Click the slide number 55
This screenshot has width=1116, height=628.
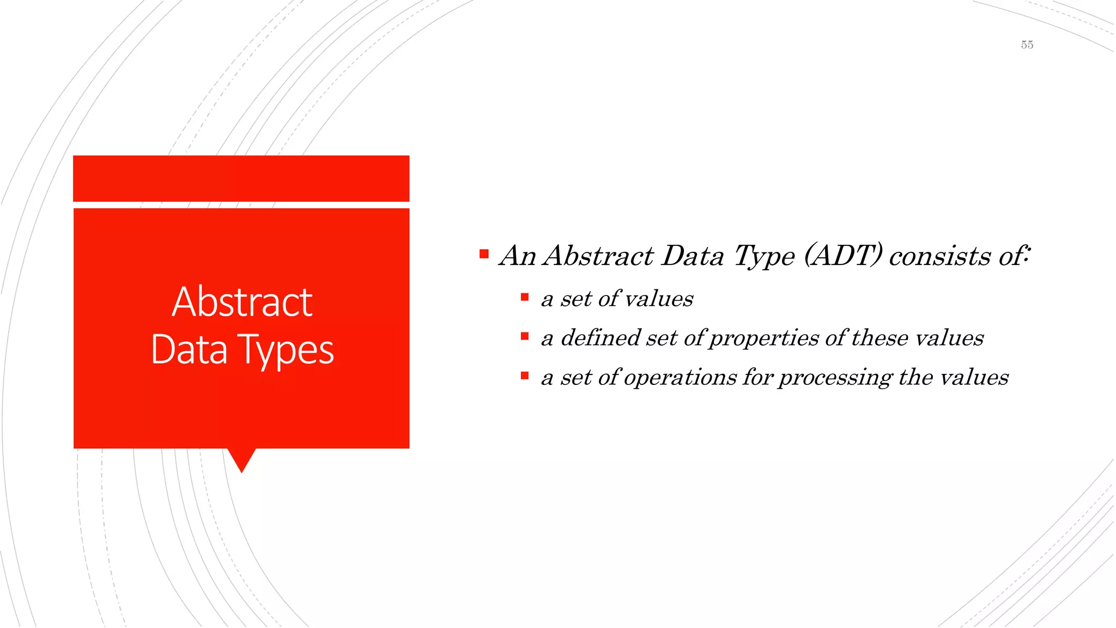pos(1027,45)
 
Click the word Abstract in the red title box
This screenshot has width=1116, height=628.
pos(242,302)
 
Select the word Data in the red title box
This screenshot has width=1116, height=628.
pos(189,349)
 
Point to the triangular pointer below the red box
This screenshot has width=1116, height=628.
pos(241,458)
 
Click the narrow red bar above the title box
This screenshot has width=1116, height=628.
pos(241,178)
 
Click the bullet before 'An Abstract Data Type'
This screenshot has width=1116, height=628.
pos(484,254)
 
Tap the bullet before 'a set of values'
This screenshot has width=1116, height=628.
pos(524,297)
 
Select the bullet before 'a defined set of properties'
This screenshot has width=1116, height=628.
pos(524,336)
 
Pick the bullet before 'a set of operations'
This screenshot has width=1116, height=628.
pos(524,376)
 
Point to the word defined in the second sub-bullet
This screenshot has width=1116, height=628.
pos(601,337)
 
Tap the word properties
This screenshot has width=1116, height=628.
pos(764,339)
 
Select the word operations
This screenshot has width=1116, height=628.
pos(680,377)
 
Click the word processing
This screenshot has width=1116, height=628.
pos(835,378)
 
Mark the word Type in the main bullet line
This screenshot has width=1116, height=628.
pos(764,256)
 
